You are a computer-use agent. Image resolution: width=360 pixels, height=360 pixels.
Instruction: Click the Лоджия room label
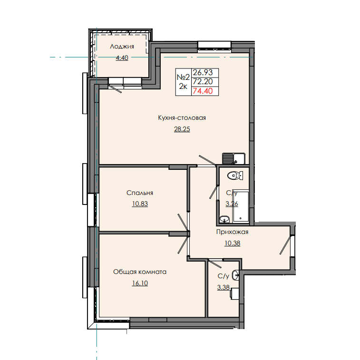(x=122, y=47)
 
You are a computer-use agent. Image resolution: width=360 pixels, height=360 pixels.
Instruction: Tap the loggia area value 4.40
(x=122, y=58)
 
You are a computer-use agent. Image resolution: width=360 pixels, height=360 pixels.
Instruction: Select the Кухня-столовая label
(x=182, y=118)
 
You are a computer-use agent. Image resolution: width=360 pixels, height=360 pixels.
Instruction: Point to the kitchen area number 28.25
(x=182, y=129)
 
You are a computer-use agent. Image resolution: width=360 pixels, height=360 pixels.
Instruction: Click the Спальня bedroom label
(x=140, y=193)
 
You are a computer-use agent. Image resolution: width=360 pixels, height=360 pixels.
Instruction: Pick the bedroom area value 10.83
(x=140, y=204)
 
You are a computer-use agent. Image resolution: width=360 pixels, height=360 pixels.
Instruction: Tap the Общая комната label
(x=139, y=272)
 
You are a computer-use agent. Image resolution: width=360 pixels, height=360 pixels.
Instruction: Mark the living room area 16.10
(x=139, y=283)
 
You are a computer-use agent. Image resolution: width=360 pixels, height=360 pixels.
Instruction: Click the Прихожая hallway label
(x=232, y=233)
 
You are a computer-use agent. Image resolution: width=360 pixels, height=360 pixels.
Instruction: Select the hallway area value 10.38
(x=232, y=243)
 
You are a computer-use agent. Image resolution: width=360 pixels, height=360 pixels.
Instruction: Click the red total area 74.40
(x=205, y=91)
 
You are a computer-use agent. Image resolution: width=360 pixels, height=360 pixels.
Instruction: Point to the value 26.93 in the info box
(x=205, y=72)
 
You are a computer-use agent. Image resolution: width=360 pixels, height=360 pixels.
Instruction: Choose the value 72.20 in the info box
(x=205, y=81)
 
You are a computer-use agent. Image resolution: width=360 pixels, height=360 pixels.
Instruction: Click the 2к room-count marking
(x=183, y=87)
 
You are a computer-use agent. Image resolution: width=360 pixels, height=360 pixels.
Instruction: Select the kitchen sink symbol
(x=233, y=158)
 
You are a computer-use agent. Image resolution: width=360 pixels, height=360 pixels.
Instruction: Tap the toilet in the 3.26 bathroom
(x=233, y=175)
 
